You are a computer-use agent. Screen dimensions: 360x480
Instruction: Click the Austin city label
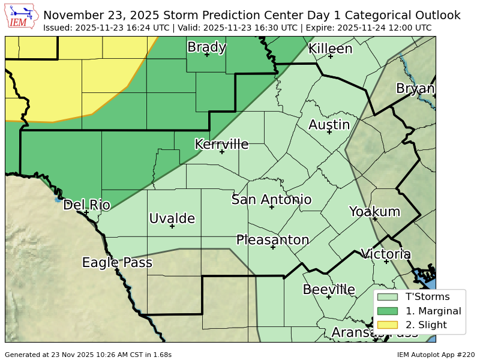point(329,125)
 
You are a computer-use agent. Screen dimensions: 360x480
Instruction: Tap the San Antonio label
point(272,200)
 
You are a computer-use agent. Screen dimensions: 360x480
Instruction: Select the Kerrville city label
point(221,144)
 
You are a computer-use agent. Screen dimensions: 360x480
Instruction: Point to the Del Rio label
point(86,205)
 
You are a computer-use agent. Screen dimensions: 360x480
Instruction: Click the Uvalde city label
point(172,218)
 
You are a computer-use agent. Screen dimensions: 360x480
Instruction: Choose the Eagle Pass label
point(117,262)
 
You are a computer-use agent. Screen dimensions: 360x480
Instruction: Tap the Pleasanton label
point(272,240)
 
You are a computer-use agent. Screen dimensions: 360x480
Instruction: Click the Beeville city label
point(329,290)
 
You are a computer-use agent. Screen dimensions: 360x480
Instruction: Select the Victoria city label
point(386,254)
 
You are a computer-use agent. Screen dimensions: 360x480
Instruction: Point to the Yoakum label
point(374,211)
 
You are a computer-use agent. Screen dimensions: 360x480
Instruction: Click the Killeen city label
point(331,49)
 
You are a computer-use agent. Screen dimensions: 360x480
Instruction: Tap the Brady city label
point(206,47)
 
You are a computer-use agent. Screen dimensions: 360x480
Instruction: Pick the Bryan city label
point(415,89)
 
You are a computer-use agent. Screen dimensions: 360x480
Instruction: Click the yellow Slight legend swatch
point(388,325)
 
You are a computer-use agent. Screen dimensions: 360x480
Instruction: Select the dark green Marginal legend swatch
point(388,311)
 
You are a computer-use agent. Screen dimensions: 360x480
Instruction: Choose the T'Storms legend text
point(427,296)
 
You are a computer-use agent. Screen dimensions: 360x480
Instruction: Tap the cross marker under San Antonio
point(272,207)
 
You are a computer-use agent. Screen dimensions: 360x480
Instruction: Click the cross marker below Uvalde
point(172,226)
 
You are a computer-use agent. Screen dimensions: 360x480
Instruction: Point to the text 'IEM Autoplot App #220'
point(436,355)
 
